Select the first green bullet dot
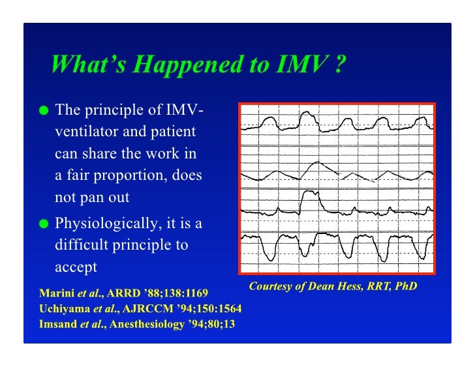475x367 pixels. coord(44,110)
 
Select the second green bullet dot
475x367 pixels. coord(44,224)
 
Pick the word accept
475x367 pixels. coord(76,267)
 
